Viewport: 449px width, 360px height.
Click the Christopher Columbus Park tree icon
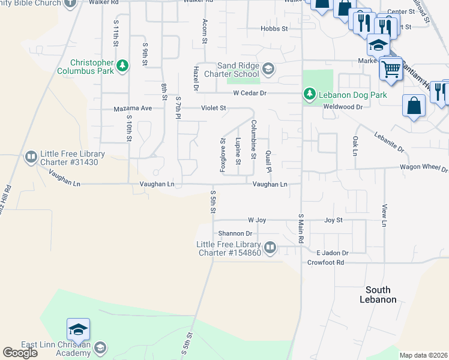[x=122, y=65]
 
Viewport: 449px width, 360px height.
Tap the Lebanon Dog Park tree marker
[x=309, y=94]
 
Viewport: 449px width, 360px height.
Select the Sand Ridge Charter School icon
[x=268, y=69]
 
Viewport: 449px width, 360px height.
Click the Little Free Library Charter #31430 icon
[x=30, y=157]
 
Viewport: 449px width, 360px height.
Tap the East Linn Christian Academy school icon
[x=100, y=348]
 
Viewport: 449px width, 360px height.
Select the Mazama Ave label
[x=133, y=109]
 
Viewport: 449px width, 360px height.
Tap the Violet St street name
[x=213, y=109]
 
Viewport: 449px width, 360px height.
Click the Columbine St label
[x=254, y=140]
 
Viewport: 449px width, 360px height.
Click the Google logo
[x=20, y=353]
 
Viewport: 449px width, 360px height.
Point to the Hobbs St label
[x=274, y=28]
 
